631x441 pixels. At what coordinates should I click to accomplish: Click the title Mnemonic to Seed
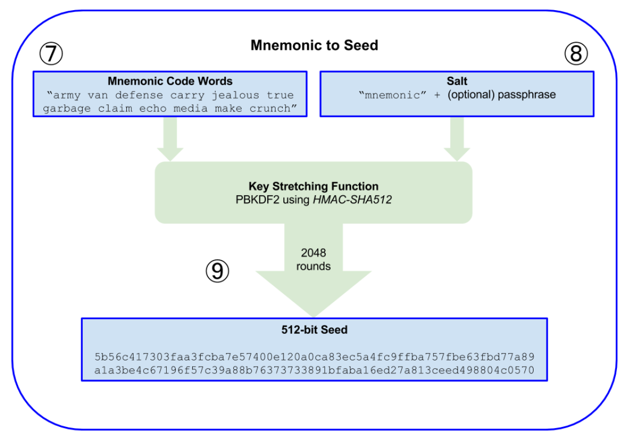point(314,46)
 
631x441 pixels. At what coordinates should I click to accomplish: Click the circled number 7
point(51,54)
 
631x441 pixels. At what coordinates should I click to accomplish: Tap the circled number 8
point(575,54)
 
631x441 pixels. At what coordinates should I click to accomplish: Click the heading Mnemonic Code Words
point(170,81)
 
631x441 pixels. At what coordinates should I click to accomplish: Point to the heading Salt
point(456,81)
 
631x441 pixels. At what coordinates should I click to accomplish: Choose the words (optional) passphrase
point(501,95)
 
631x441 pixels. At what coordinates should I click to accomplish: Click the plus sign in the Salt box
point(437,95)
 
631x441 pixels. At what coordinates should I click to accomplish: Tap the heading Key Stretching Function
point(313,186)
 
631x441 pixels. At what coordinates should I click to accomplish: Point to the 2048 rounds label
point(313,259)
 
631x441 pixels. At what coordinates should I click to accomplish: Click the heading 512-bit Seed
point(314,330)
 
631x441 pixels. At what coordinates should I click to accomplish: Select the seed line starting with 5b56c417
point(314,357)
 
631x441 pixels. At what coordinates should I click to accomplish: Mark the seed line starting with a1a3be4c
point(314,370)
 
